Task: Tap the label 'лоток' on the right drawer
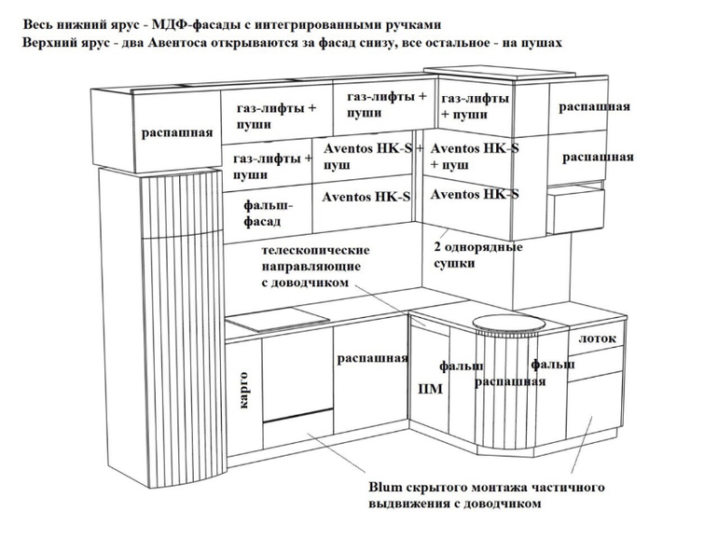pyautogui.click(x=597, y=337)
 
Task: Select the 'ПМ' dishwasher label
pyautogui.click(x=430, y=389)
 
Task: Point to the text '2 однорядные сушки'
pyautogui.click(x=477, y=256)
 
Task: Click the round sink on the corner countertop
pyautogui.click(x=507, y=324)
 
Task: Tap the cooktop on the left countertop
pyautogui.click(x=266, y=324)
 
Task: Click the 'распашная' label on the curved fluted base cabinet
pyautogui.click(x=508, y=381)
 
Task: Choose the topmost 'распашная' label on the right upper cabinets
pyautogui.click(x=595, y=107)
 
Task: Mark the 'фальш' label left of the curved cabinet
pyautogui.click(x=461, y=366)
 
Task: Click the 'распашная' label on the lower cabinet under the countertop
pyautogui.click(x=372, y=358)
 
